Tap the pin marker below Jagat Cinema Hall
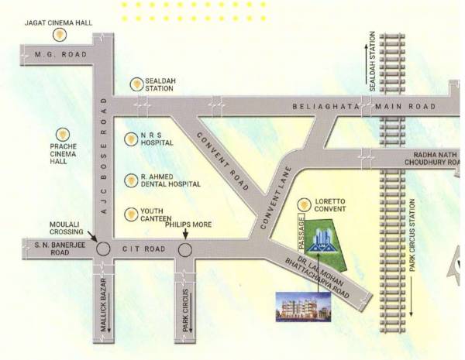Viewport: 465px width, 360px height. [x=58, y=36]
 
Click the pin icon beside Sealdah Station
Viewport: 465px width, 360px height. [x=136, y=83]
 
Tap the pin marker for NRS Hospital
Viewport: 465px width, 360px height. [x=131, y=139]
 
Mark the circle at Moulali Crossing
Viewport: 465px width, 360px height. [x=102, y=249]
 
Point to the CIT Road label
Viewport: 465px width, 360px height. [x=143, y=249]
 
